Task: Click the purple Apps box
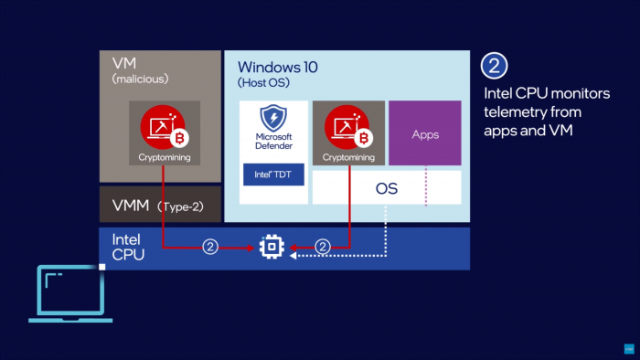point(424,134)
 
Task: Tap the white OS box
point(387,187)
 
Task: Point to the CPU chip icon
point(272,246)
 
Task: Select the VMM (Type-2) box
point(160,206)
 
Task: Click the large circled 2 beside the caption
point(495,67)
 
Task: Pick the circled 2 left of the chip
point(209,246)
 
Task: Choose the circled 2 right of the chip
point(321,246)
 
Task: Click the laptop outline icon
point(71,292)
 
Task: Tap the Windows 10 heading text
point(278,68)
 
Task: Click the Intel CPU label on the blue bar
point(127,248)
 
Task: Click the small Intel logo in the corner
point(629,349)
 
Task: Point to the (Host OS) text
point(262,84)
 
